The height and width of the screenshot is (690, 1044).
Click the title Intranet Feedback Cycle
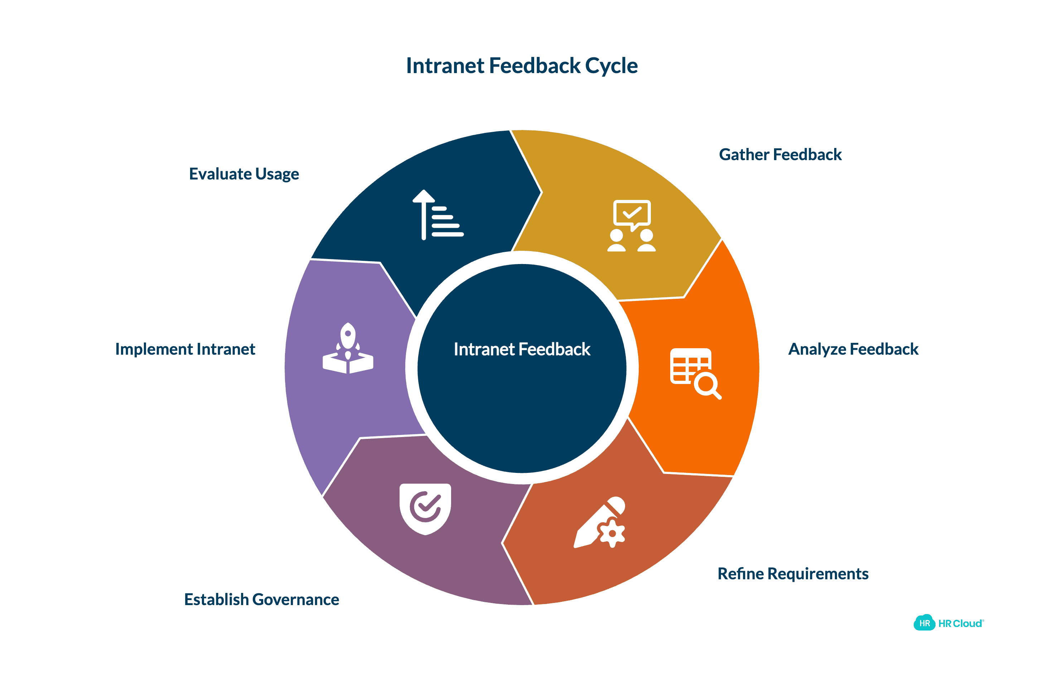click(x=522, y=66)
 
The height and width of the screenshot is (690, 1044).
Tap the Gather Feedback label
click(x=780, y=155)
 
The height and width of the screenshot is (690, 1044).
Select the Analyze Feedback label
click(x=853, y=349)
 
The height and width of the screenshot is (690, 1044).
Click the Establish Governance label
click(x=261, y=599)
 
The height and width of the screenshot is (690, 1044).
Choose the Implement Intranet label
click(x=185, y=349)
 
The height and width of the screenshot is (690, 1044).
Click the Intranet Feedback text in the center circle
click(x=522, y=349)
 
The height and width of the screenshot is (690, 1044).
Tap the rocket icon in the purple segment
click(x=348, y=349)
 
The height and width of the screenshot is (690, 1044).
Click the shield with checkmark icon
click(x=425, y=509)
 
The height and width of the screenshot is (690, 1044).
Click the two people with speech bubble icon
click(x=632, y=226)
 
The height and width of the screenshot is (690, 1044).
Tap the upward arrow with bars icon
click(x=437, y=215)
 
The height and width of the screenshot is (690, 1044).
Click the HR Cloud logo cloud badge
click(x=924, y=623)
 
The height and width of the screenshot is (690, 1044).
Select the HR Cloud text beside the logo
click(x=960, y=624)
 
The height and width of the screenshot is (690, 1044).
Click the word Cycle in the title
click(x=611, y=66)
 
